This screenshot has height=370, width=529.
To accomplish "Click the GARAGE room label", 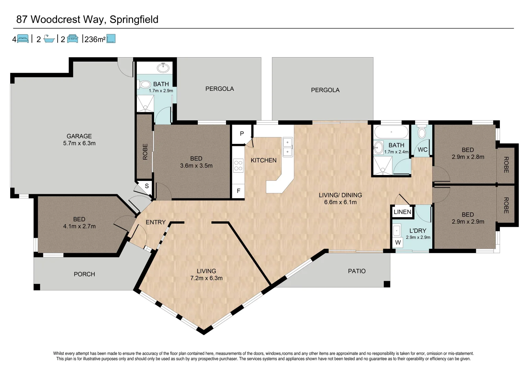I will pos(79,136).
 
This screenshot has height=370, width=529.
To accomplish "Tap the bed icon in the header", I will pos(23,39).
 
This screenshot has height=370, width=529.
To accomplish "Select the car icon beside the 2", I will pos(72,39).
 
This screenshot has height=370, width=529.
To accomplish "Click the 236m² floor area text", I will pos(95,39).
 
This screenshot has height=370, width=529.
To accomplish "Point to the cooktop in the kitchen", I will pos(238,166).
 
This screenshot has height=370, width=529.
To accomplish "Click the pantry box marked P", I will pos(242,134).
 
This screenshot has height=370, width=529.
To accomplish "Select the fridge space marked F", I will pos(238,191).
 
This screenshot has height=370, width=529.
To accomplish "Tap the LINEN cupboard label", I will pos(402,212).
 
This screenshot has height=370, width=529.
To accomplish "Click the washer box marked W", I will pos(398,243).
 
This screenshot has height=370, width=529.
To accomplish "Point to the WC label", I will pos(422,150).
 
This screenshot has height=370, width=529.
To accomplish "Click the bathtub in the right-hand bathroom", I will pos(391,132).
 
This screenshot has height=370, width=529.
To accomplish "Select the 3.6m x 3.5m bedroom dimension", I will pos(196,166).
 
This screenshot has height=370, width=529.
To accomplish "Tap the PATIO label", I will pos(357,271).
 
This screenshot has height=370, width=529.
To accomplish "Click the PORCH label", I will pos(84,274).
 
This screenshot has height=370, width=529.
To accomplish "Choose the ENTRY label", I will pos(155,222).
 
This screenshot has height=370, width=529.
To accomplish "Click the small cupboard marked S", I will pos(147,186).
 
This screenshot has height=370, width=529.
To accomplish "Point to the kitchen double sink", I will pos(287,147).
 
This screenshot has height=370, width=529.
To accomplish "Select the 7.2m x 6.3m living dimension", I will pos(206,278).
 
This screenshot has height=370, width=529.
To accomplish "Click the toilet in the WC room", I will pos(422,132).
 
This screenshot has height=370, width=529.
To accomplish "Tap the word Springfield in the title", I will pos(134,20).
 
